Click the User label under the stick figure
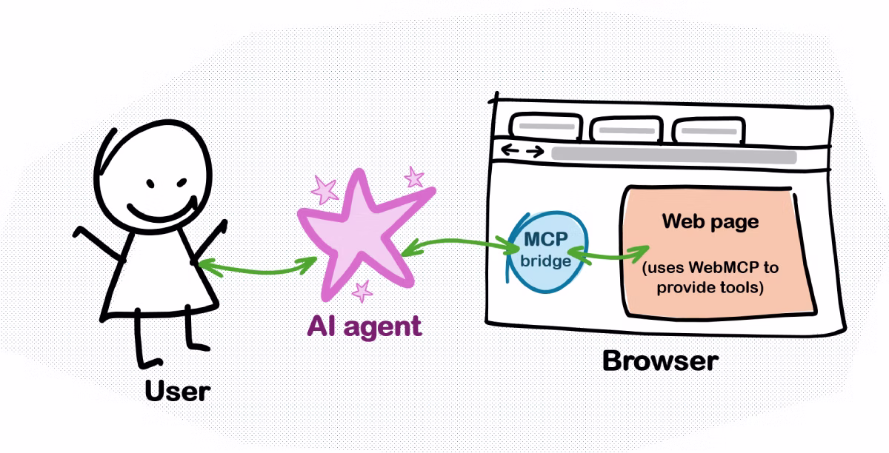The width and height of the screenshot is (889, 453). pos(178,390)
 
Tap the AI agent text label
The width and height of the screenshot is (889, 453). pos(365,326)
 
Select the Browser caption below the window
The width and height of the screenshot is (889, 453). pos(660,360)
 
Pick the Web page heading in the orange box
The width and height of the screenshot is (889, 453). pos(710,221)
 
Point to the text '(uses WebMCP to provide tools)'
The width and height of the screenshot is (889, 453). pos(710,277)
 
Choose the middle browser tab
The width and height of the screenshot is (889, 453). pos(625,129)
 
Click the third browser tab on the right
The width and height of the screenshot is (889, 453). pos(706,130)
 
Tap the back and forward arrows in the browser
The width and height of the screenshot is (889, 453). pos(522,151)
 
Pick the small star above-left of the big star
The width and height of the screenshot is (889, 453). pos(323,189)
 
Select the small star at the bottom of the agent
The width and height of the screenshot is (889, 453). pos(362,292)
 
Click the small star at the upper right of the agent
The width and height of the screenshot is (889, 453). pos(413,177)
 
